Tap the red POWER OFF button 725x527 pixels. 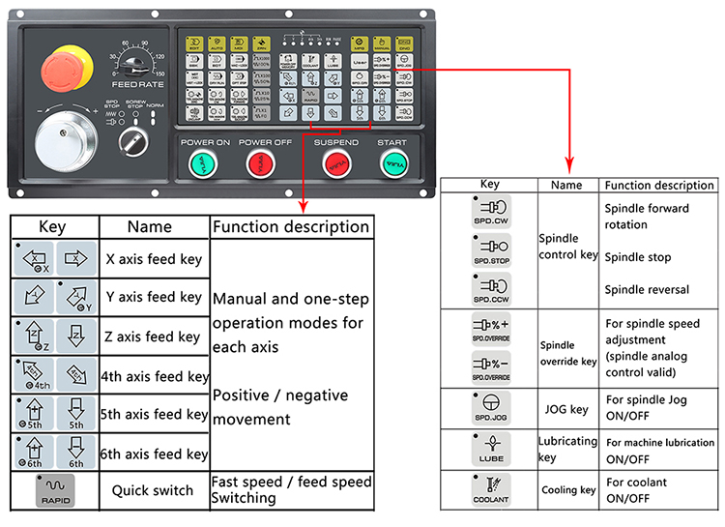coord(262,166)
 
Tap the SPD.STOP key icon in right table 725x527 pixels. coord(492,252)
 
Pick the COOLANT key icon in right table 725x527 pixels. coord(492,488)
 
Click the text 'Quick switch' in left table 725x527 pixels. coord(153,490)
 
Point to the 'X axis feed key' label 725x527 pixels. coord(154,258)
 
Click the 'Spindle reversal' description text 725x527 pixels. coord(647,289)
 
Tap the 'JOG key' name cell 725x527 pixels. coord(565,409)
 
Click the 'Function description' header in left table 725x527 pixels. coord(291,227)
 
